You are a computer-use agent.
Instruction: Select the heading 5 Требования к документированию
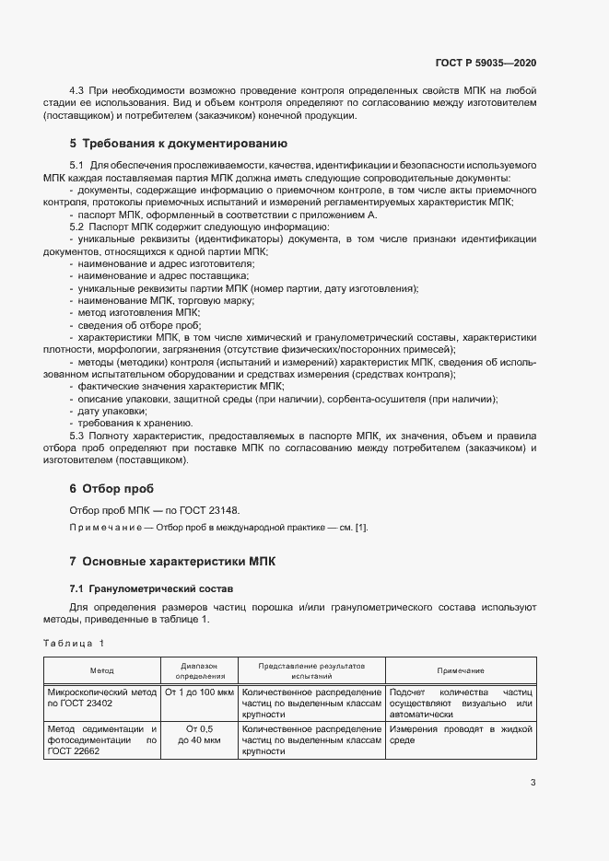179,144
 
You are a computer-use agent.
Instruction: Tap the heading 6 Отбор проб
111,488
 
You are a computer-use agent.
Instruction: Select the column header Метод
101,670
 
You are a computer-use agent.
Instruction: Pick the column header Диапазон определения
199,670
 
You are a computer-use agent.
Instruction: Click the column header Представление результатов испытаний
311,670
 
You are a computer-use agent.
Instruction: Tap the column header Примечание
461,670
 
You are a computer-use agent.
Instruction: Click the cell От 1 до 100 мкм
199,691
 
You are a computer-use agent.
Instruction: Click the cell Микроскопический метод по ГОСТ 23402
101,696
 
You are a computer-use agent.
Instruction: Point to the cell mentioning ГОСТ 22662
101,739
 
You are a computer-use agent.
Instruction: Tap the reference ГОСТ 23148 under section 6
216,510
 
